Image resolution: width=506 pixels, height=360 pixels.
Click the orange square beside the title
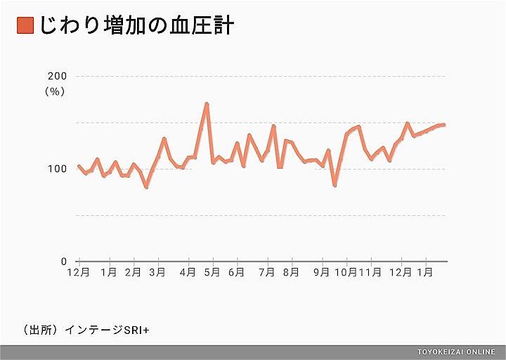click(x=25, y=26)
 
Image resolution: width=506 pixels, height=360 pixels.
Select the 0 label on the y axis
click(x=63, y=262)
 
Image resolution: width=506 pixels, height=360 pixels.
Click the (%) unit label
click(x=55, y=91)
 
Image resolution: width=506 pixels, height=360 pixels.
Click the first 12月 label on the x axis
click(x=78, y=273)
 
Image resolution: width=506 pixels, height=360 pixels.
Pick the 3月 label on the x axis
click(x=157, y=273)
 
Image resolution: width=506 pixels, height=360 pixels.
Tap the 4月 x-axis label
click(x=188, y=273)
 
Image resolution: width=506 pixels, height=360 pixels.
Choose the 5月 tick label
click(x=212, y=273)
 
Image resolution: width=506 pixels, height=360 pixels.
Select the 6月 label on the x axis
click(x=236, y=273)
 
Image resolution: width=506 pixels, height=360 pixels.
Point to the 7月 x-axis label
click(x=267, y=273)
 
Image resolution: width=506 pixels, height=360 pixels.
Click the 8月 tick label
click(x=291, y=273)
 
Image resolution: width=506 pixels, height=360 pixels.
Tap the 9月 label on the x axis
click(x=322, y=273)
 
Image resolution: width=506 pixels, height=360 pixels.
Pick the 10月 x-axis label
click(x=346, y=273)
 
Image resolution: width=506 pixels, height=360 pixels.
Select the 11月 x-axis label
click(x=372, y=273)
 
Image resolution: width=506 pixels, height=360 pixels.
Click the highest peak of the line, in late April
click(x=207, y=104)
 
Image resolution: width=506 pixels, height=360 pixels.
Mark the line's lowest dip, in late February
click(x=146, y=187)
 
